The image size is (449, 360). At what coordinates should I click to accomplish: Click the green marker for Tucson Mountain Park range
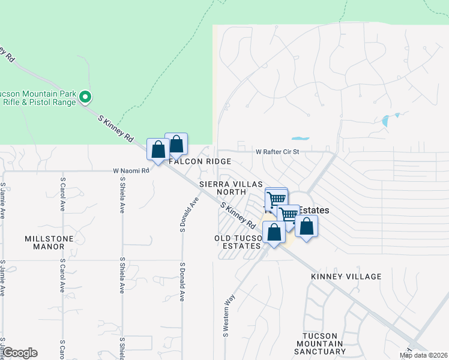85,96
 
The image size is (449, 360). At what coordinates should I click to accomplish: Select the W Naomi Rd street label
131,171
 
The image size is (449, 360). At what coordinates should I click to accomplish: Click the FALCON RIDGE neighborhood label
200,162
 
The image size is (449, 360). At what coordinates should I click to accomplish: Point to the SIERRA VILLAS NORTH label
223,187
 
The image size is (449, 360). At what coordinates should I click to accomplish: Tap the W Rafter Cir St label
277,152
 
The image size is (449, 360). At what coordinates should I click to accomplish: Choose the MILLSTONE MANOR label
44,242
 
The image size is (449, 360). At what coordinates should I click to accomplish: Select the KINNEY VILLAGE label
346,277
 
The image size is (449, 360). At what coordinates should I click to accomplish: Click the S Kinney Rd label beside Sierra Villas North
238,215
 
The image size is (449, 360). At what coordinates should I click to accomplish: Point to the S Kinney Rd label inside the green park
116,128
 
